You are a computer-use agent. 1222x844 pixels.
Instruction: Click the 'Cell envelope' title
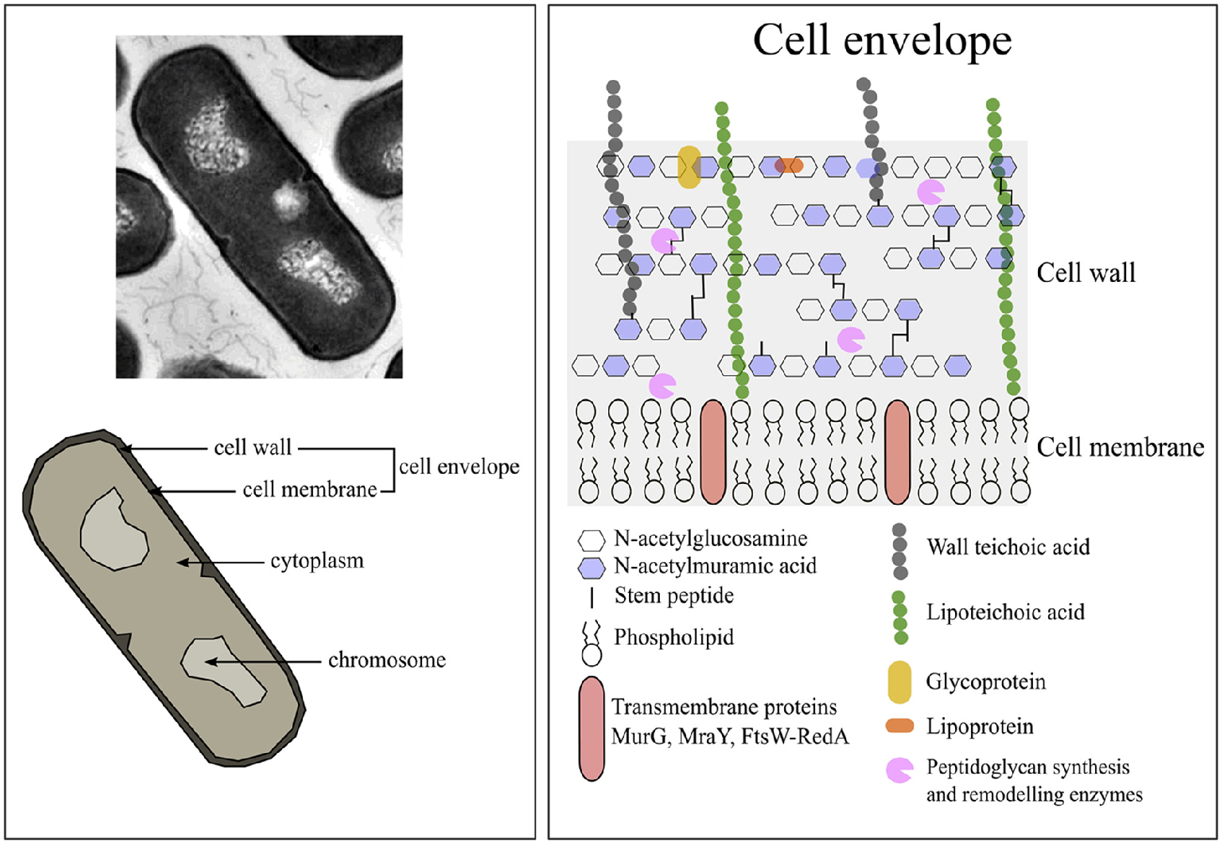click(x=882, y=40)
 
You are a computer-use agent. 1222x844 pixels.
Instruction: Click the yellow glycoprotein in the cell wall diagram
click(x=689, y=167)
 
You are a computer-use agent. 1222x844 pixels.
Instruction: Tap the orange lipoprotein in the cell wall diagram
click(x=789, y=165)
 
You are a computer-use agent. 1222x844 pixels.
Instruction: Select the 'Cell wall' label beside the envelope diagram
click(x=1085, y=273)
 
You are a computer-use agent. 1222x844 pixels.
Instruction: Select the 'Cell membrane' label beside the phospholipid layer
click(x=1120, y=448)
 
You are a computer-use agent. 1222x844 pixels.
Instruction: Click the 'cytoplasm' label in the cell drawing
click(x=317, y=561)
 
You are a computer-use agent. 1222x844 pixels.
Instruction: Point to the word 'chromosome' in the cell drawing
click(x=387, y=660)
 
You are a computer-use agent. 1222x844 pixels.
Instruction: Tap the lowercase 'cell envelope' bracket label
click(x=459, y=467)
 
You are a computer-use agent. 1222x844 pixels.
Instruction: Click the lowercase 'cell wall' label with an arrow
click(x=252, y=448)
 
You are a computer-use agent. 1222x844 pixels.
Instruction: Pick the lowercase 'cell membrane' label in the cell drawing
click(x=310, y=490)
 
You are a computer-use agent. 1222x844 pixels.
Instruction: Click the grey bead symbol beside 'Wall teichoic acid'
click(x=899, y=551)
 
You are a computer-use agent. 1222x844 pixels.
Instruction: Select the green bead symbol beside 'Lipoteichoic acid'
click(x=899, y=617)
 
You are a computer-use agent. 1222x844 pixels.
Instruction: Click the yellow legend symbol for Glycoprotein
click(x=899, y=682)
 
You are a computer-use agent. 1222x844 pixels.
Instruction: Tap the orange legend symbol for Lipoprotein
click(x=899, y=725)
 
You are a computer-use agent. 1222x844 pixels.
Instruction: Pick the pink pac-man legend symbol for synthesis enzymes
click(x=899, y=770)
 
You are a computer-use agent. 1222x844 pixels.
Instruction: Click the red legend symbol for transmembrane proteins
click(x=592, y=728)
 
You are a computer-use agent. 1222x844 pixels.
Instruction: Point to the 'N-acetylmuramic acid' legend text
click(x=715, y=566)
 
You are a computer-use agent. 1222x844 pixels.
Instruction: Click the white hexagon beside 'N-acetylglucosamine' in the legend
click(x=592, y=540)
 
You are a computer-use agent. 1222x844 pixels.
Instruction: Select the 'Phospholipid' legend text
click(x=674, y=637)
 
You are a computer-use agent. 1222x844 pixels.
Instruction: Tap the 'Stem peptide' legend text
click(x=674, y=596)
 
